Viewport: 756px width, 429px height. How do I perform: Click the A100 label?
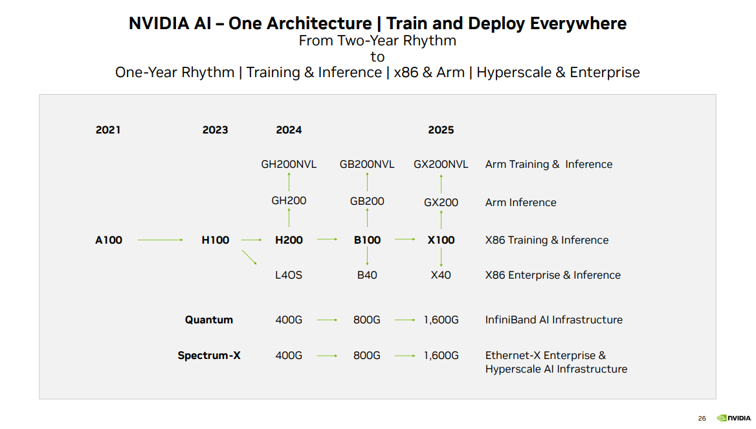click(x=108, y=240)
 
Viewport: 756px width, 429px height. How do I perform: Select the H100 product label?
click(x=215, y=240)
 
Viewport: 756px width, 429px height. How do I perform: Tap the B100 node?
click(x=367, y=240)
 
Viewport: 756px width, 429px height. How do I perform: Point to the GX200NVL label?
click(x=441, y=164)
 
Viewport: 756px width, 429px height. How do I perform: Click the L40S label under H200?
click(x=289, y=275)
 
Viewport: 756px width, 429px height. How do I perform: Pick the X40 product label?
click(x=441, y=275)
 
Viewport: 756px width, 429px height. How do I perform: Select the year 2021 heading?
click(x=108, y=130)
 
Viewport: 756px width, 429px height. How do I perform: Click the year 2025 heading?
click(x=441, y=130)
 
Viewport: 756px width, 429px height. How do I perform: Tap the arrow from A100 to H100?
click(x=161, y=240)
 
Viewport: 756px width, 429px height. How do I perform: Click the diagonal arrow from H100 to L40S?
click(x=249, y=257)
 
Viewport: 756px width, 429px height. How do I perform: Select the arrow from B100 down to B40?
click(x=367, y=257)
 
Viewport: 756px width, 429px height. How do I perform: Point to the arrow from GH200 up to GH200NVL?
click(x=289, y=182)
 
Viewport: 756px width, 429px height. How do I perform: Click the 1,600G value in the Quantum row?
click(x=441, y=319)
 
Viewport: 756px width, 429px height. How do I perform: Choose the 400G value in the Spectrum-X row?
click(x=289, y=355)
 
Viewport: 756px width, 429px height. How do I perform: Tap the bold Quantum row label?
click(x=208, y=319)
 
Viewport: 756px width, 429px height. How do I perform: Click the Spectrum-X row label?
click(x=208, y=355)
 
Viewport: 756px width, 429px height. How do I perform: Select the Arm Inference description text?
click(x=520, y=202)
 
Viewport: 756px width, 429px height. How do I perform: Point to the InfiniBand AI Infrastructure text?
click(x=553, y=319)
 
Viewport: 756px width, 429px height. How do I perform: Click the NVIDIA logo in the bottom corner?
click(x=733, y=418)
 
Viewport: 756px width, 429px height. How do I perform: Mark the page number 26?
click(x=702, y=419)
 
